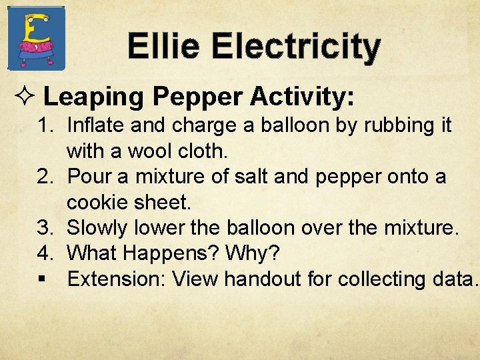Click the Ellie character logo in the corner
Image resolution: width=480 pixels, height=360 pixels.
(36, 37)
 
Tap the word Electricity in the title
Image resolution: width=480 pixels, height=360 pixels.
(297, 47)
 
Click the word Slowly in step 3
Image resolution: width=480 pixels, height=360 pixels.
(99, 228)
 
